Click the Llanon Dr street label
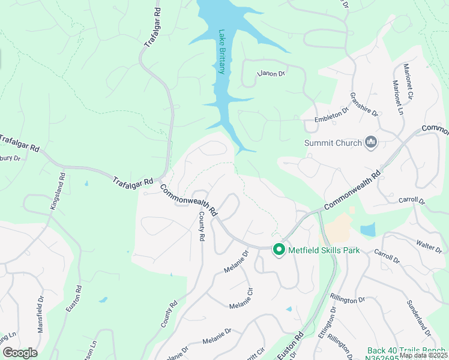(271, 73)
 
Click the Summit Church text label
(333, 143)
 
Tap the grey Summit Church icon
(371, 142)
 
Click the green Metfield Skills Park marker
(279, 249)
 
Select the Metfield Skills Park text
(324, 250)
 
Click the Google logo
(19, 353)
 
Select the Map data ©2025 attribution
(423, 355)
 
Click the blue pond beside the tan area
(367, 229)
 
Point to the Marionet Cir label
(409, 81)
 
